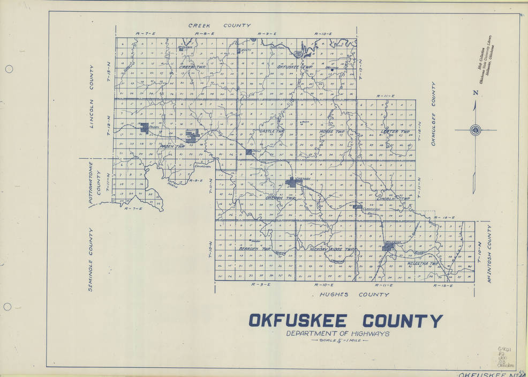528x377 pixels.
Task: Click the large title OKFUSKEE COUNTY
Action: [x=345, y=321]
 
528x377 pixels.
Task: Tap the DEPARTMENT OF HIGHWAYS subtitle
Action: [x=337, y=334]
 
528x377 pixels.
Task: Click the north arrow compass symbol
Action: [x=475, y=130]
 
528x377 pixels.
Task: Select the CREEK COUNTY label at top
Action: [x=219, y=25]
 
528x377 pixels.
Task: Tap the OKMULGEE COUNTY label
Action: [x=433, y=114]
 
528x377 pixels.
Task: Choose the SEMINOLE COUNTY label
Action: [x=90, y=260]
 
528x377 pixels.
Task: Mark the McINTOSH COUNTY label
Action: [x=489, y=254]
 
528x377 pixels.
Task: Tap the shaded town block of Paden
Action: [x=145, y=127]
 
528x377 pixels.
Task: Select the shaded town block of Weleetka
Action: [x=388, y=247]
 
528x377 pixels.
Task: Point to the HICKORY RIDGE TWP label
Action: [x=332, y=249]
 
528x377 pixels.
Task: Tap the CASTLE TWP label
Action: [x=271, y=131]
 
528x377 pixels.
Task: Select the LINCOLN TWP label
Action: [x=393, y=199]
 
